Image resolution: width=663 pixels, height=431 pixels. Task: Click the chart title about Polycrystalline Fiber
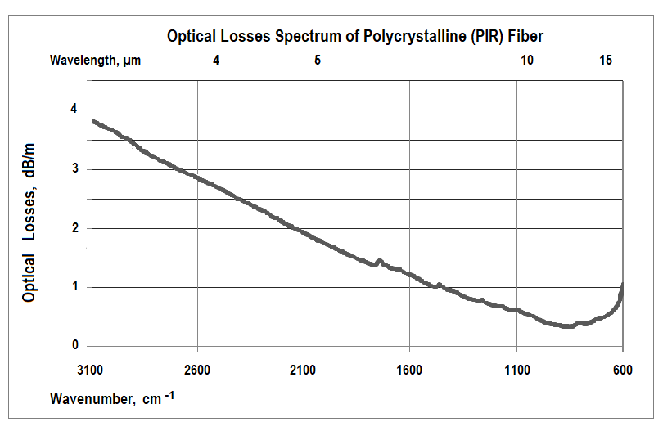355,36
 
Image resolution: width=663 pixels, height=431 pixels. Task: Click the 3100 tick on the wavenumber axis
92,370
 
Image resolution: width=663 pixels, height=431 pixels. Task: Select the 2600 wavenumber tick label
197,370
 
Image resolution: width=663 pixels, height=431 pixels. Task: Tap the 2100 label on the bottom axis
304,370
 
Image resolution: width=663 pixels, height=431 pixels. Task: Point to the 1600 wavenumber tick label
409,370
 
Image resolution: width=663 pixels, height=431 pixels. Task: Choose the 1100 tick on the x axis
516,370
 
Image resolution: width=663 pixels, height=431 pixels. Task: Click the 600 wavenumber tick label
623,370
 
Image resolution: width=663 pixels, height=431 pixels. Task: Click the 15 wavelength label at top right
605,60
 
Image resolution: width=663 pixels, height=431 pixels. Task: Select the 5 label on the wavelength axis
317,60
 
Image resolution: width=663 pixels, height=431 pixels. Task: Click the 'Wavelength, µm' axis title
95,60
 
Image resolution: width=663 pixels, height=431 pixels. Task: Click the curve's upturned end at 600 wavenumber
623,285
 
